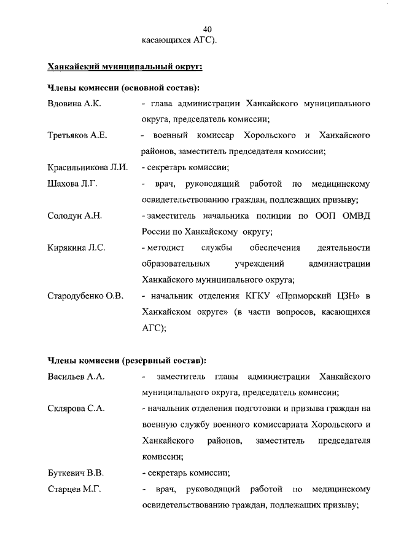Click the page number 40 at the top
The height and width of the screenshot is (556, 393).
tap(208, 29)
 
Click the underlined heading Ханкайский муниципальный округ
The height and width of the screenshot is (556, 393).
tap(125, 66)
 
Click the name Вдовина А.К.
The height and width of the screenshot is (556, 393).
tap(74, 104)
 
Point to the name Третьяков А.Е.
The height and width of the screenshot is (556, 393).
tap(77, 135)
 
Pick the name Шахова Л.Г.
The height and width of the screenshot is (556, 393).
tap(72, 184)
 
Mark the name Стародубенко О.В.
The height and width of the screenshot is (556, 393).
tap(86, 296)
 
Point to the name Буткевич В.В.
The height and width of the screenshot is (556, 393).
tap(76, 472)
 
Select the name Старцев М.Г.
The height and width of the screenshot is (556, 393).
tap(74, 489)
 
